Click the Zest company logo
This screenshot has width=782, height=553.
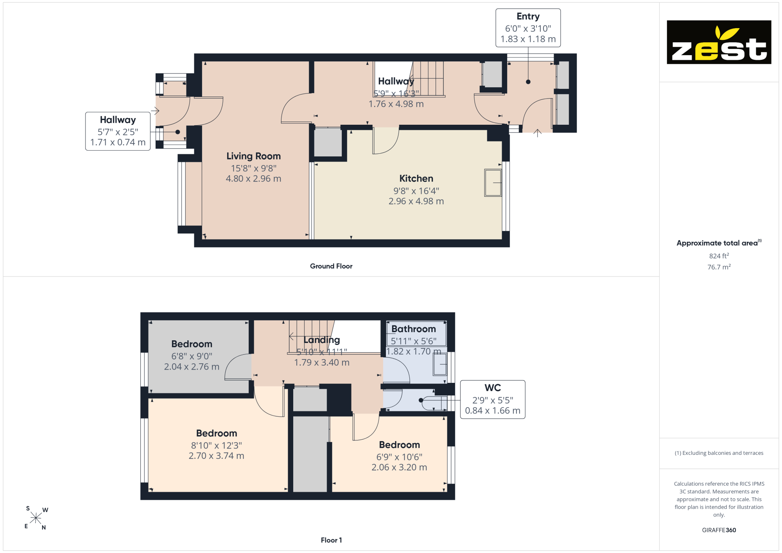[x=719, y=42]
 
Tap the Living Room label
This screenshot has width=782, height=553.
[x=253, y=156]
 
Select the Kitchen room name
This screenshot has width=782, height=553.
[x=416, y=179]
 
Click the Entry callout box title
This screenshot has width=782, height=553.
[x=528, y=16]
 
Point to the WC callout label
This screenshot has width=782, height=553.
[x=493, y=388]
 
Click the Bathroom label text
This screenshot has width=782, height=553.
[x=413, y=329]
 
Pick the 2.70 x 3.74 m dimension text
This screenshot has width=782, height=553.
[x=216, y=456]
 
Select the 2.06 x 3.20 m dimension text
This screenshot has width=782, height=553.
[x=399, y=467]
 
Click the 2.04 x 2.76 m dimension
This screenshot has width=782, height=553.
[x=192, y=367]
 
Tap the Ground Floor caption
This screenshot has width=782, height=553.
[x=331, y=266]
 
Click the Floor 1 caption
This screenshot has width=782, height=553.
[x=331, y=540]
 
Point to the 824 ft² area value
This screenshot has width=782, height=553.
[x=719, y=256]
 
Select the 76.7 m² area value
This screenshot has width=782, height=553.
[x=719, y=267]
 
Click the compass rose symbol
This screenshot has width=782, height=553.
[x=36, y=518]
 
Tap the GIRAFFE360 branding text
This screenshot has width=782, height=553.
[x=719, y=530]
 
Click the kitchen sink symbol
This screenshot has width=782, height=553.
[x=493, y=183]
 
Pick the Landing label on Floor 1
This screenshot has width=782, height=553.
[x=322, y=340]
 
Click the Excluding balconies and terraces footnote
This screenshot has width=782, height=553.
[x=719, y=453]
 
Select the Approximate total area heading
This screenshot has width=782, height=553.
[x=719, y=243]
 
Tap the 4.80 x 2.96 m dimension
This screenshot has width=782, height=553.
[x=253, y=179]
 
